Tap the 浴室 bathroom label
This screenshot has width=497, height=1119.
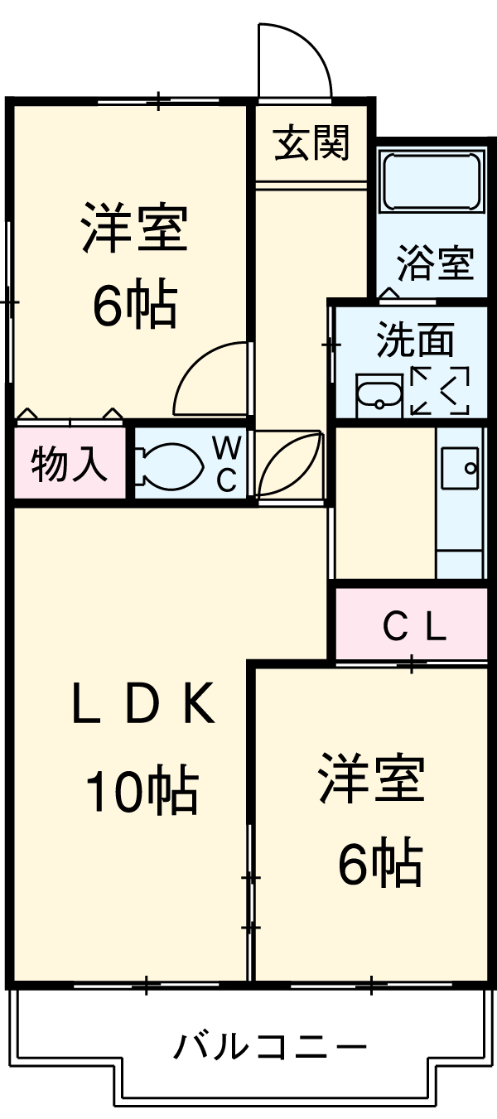[434, 263]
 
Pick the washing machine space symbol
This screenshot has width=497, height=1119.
[439, 389]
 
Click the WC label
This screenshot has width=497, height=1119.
[227, 464]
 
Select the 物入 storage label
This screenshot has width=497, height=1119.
[70, 465]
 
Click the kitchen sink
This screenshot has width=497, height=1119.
[460, 469]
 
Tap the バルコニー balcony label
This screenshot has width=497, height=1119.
[270, 1048]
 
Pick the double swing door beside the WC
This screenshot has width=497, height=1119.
[287, 465]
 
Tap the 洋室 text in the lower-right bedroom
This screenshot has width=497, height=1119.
[373, 778]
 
